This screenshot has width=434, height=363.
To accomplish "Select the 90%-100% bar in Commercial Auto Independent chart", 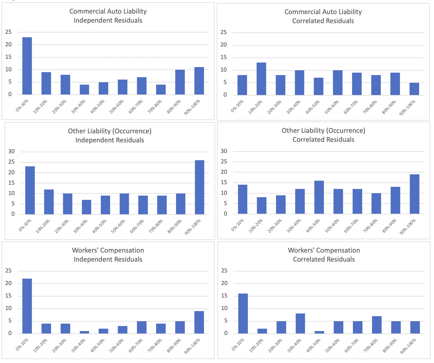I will (199, 81).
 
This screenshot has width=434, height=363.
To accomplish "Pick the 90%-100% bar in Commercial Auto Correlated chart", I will (414, 89).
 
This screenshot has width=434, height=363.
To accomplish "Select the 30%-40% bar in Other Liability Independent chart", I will (86, 207).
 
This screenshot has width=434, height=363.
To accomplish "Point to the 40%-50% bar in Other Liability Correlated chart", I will (319, 197).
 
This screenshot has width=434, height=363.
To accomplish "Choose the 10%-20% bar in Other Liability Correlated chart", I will (262, 205).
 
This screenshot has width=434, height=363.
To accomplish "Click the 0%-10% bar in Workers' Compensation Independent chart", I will (27, 306).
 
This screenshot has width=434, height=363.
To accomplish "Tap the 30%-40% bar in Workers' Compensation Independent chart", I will (84, 332).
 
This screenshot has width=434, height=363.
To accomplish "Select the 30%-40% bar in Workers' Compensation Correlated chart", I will (300, 324).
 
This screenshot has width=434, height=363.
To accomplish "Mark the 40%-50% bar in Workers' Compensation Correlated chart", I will (319, 332).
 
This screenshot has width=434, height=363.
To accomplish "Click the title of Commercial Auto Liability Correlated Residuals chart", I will (323, 16).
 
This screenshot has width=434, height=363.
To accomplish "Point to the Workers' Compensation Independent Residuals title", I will (108, 255).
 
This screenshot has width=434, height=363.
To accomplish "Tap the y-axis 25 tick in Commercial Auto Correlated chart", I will (224, 32).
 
